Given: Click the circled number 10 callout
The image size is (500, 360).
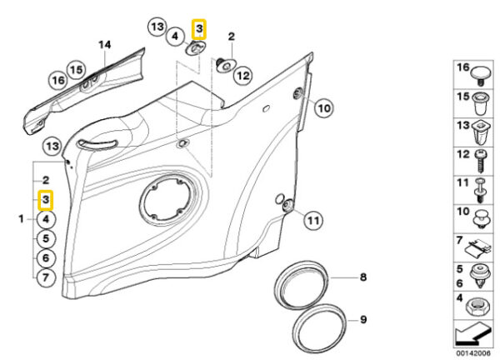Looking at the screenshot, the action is [x=324, y=108].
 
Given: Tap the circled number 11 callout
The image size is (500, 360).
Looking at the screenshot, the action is [x=313, y=220].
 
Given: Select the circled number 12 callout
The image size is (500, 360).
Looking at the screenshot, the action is [x=243, y=76].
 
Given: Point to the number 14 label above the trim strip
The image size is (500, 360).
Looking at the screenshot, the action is [x=105, y=45].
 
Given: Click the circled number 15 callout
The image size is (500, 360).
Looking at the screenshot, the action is [x=76, y=70].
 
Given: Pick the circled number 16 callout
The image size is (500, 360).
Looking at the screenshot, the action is [x=58, y=80].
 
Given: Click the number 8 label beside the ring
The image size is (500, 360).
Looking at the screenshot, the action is [x=363, y=277].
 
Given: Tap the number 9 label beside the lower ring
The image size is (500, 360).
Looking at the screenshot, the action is [x=363, y=319].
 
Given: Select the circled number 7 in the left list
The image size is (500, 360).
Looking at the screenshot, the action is [x=46, y=277].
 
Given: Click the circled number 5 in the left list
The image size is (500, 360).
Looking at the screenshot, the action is [x=46, y=239].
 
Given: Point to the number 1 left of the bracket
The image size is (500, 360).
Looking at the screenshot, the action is [x=21, y=219].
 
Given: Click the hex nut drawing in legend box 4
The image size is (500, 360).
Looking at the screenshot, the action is [x=477, y=307].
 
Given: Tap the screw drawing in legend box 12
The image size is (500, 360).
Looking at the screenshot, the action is [x=481, y=160].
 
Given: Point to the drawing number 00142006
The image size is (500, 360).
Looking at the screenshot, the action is [x=473, y=353].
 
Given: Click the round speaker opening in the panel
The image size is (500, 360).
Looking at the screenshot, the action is [x=167, y=200].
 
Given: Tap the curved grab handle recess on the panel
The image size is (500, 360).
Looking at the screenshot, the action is [x=97, y=144].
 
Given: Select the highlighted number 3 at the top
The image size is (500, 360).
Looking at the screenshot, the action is [x=199, y=29].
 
